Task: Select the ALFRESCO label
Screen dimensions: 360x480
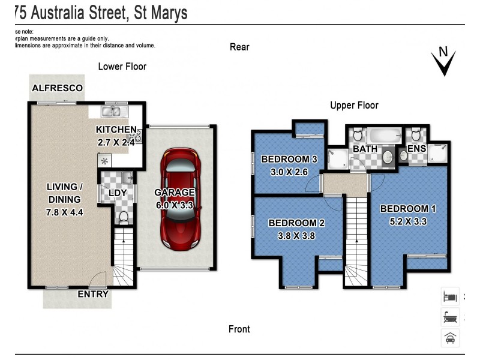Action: point(57,88)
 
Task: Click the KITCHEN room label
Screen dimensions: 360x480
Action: point(116,130)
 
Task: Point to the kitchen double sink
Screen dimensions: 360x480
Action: point(112,111)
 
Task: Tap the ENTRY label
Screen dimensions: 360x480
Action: point(93,294)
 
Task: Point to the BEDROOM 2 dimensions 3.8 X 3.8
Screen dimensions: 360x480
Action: point(296,235)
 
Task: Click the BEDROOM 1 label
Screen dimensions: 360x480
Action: point(409,208)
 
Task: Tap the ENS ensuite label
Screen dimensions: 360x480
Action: point(416,148)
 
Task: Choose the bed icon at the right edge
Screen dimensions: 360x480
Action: point(449,296)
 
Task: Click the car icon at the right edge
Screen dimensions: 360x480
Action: point(449,338)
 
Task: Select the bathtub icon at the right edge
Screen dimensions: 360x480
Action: point(449,317)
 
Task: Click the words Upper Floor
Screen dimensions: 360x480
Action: point(354,105)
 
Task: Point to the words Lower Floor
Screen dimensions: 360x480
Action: point(122,67)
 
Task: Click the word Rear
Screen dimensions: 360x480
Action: point(239,47)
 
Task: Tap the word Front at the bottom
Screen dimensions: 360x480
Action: point(239,329)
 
